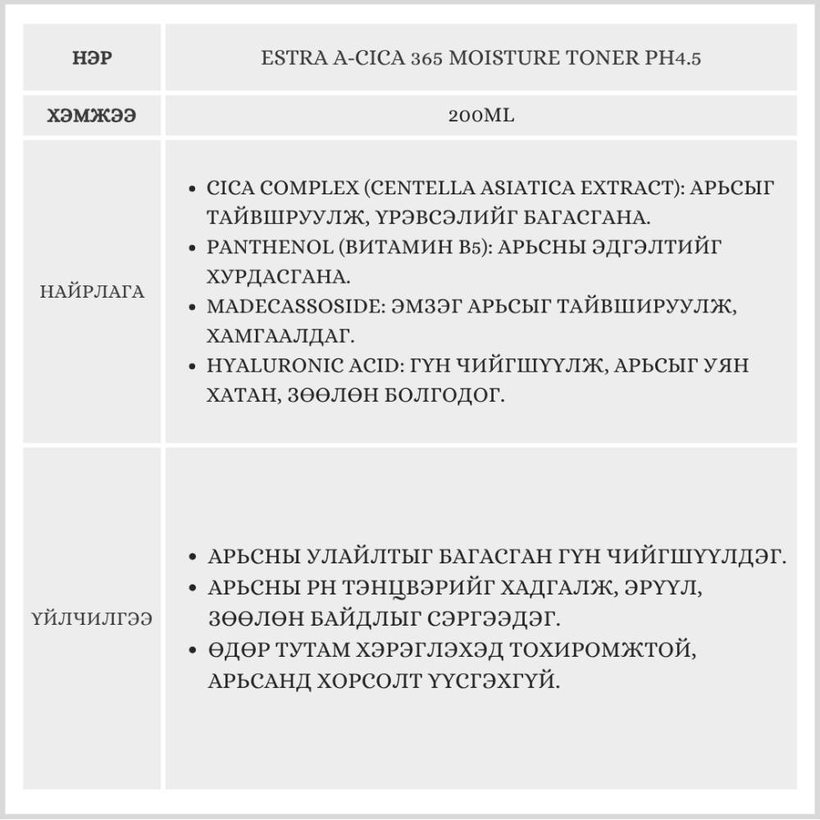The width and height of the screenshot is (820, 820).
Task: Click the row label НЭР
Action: tap(92, 59)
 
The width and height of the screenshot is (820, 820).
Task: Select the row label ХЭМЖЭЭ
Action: tap(92, 116)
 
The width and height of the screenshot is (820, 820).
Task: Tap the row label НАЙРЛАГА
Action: tap(92, 292)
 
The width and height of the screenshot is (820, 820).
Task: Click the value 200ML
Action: tap(481, 116)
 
